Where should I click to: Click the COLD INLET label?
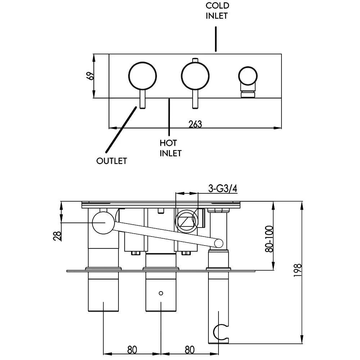[x=217, y=10]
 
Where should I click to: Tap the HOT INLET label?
[x=170, y=148]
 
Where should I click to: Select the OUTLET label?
[x=112, y=161]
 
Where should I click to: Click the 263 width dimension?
[x=195, y=124]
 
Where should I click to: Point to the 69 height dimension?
[x=90, y=76]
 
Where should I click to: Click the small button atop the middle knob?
[x=195, y=60]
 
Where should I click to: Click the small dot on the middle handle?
[x=161, y=293]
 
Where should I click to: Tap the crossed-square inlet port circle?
[x=186, y=221]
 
